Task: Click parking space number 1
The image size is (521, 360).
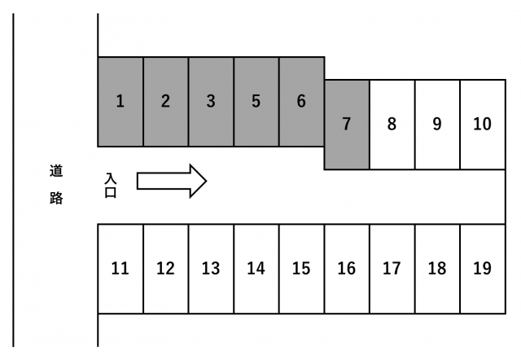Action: click(120, 102)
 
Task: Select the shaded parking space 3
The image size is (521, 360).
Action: click(211, 102)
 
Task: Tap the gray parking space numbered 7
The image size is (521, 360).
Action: click(347, 125)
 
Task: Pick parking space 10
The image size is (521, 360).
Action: click(482, 125)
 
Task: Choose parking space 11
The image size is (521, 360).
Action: click(120, 268)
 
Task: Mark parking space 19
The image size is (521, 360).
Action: click(482, 268)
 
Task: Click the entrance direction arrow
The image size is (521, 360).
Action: click(172, 180)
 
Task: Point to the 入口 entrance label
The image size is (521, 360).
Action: click(112, 185)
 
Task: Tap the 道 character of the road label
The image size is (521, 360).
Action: click(55, 171)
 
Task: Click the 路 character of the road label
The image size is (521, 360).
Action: click(55, 198)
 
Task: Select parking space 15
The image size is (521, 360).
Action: click(301, 268)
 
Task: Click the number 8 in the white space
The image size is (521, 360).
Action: click(392, 125)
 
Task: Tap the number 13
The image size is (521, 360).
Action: click(211, 269)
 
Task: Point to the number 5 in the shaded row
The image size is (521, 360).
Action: click(256, 102)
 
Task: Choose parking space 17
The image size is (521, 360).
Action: click(392, 268)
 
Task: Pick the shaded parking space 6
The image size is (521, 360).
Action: click(301, 102)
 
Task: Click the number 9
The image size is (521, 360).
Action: click(437, 125)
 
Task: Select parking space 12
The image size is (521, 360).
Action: click(165, 268)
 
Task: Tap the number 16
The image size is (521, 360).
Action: click(347, 269)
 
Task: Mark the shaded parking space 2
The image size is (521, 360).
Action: click(165, 102)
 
